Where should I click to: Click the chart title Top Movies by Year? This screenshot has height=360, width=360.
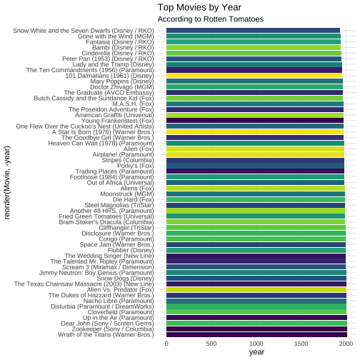(x=199, y=8)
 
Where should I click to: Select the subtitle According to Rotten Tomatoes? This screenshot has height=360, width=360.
(x=211, y=19)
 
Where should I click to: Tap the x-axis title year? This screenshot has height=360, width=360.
(x=256, y=352)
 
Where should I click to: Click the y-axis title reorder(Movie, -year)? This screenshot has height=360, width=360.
(x=7, y=182)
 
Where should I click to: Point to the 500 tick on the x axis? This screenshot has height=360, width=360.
(x=211, y=344)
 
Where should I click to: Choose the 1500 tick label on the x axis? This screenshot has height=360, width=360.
(x=301, y=344)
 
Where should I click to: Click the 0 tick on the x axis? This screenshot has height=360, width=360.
(x=166, y=344)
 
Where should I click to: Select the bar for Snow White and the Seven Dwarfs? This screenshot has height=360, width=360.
(x=253, y=31)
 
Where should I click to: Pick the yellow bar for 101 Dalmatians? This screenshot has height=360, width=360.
(x=254, y=76)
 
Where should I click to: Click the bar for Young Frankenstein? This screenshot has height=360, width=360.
(x=255, y=121)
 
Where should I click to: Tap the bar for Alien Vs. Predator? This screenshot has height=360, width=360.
(x=256, y=289)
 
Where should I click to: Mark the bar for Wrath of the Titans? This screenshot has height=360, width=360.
(x=256, y=334)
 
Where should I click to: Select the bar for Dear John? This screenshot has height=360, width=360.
(x=256, y=324)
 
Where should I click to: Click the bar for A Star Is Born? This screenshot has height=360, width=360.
(x=255, y=132)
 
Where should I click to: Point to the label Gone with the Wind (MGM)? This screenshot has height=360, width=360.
(x=116, y=36)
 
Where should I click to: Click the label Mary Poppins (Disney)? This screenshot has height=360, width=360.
(x=122, y=81)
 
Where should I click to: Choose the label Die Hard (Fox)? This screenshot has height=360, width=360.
(x=134, y=199)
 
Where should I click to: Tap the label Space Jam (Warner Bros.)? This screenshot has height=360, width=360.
(x=117, y=245)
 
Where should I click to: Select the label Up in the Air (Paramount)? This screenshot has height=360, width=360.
(x=119, y=318)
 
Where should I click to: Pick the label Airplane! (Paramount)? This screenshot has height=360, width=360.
(x=124, y=154)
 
